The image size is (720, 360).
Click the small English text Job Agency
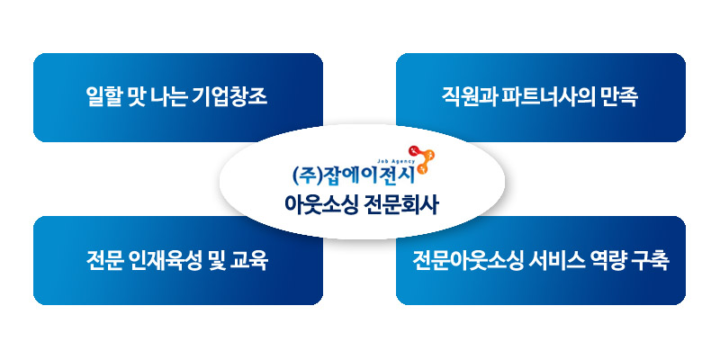(x=396, y=162)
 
